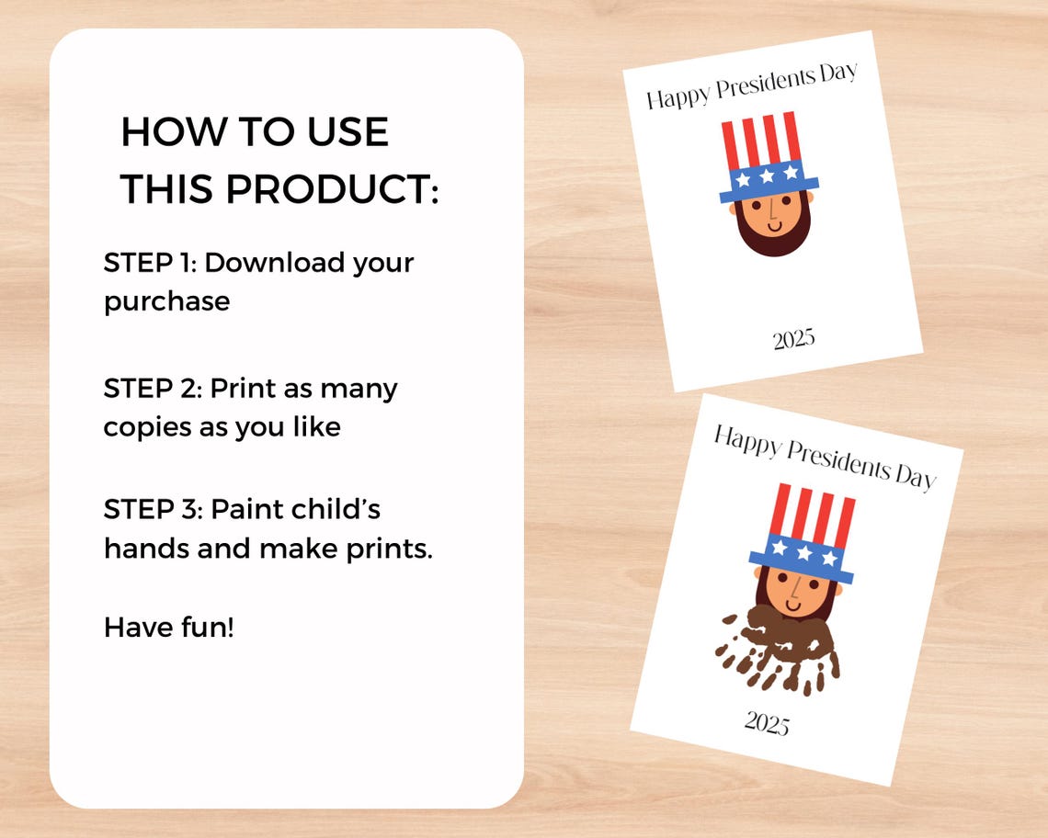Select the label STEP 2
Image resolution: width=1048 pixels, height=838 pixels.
click(149, 388)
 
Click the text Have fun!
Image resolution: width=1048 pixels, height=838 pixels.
click(169, 628)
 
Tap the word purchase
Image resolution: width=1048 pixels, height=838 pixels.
click(166, 300)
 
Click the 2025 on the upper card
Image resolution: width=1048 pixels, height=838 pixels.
click(793, 339)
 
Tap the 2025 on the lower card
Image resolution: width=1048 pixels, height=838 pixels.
click(767, 723)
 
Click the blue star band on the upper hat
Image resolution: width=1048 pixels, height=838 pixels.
click(768, 177)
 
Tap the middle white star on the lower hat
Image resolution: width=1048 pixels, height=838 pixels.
click(804, 553)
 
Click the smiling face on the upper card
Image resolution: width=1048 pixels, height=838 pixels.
click(770, 215)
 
